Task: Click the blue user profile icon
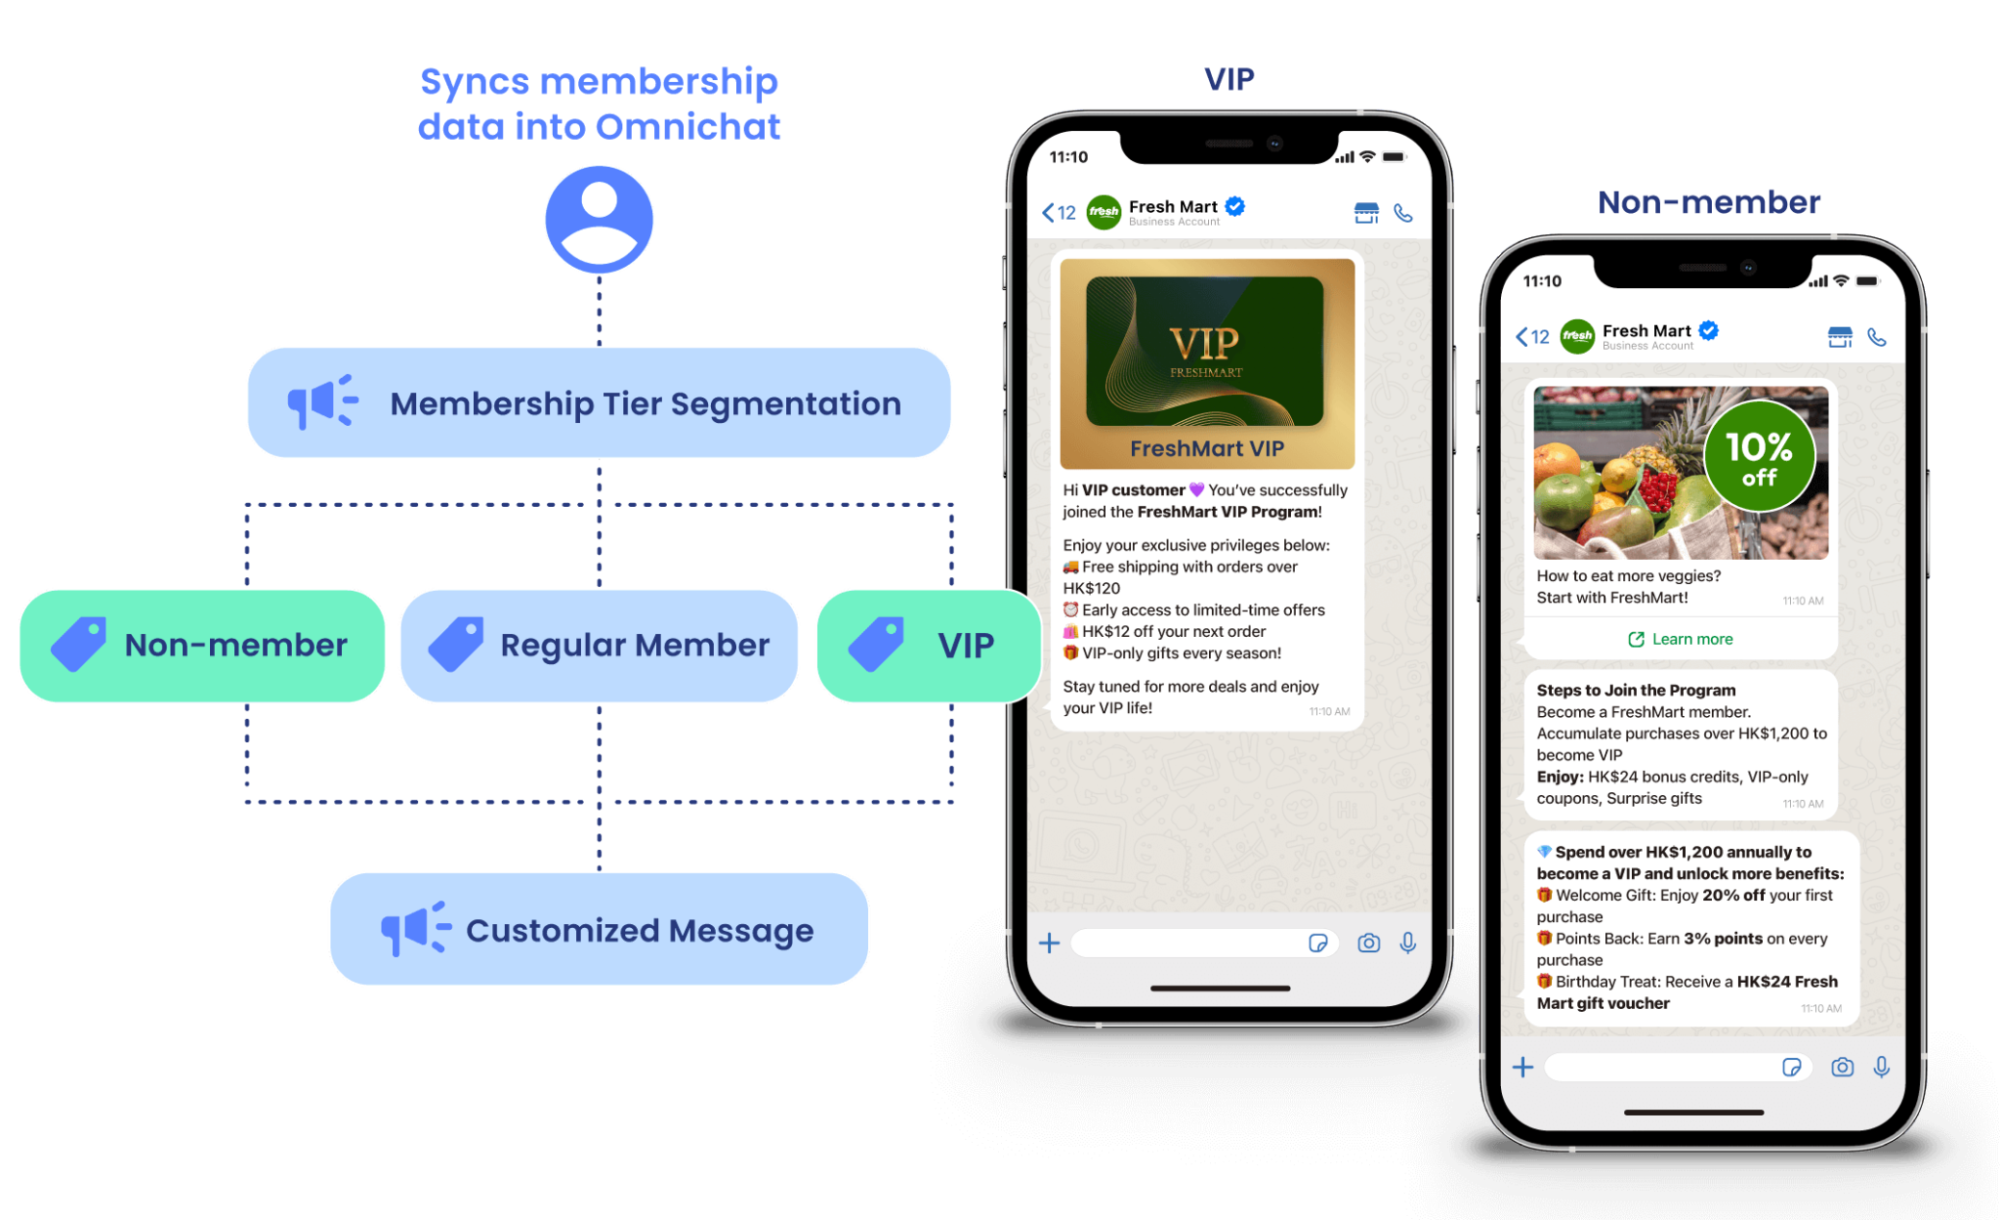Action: [x=599, y=219]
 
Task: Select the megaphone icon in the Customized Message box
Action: [x=416, y=928]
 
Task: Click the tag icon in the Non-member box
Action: [x=78, y=644]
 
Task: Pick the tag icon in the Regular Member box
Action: [x=456, y=644]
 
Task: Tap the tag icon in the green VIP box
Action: [x=876, y=644]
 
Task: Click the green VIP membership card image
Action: [x=1205, y=352]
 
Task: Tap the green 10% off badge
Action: [x=1759, y=456]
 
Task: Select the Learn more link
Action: [x=1681, y=639]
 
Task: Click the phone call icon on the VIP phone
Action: [x=1403, y=213]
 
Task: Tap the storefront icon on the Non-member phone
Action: [x=1840, y=337]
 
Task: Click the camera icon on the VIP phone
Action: [x=1369, y=943]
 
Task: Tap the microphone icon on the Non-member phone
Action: [x=1882, y=1068]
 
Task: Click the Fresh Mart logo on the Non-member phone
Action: [x=1578, y=337]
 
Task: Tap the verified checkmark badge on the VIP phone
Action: [x=1235, y=206]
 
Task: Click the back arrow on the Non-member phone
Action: [x=1521, y=337]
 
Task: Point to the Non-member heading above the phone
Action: [x=1709, y=202]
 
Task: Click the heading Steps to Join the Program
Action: [x=1636, y=690]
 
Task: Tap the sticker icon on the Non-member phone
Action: [x=1791, y=1067]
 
